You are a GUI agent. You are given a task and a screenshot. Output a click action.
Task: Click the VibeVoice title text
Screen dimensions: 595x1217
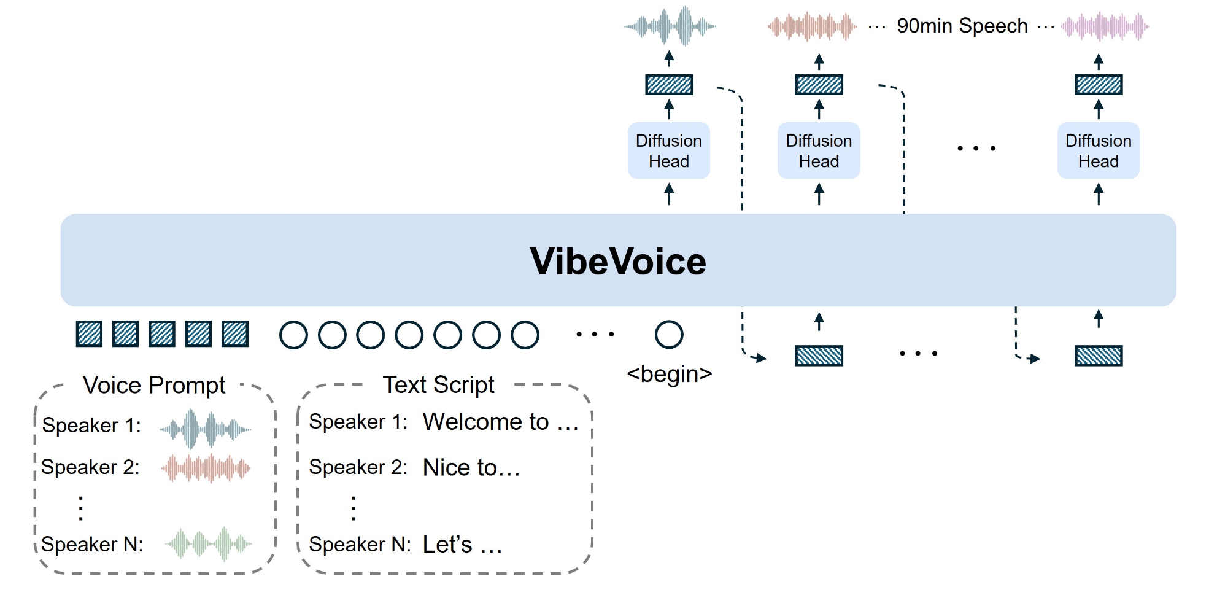tap(618, 262)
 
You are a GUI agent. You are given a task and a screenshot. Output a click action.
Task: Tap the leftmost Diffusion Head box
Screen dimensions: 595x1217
tap(669, 151)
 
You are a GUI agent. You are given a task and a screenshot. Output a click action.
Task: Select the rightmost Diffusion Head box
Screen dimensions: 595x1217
tap(1098, 151)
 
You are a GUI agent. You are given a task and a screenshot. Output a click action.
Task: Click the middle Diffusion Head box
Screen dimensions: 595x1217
tap(819, 151)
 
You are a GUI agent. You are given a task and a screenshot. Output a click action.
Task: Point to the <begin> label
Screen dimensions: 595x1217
tap(669, 373)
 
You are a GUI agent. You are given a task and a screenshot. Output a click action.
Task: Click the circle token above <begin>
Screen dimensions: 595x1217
tap(669, 335)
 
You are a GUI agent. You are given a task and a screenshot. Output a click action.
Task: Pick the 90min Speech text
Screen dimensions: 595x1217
tap(962, 26)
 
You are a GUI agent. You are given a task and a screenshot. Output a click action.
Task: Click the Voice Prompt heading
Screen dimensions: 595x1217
tap(154, 386)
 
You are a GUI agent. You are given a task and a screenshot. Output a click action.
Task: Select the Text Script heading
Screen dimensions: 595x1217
tap(438, 385)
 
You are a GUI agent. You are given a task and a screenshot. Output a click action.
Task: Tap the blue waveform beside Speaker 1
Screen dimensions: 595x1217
tap(205, 429)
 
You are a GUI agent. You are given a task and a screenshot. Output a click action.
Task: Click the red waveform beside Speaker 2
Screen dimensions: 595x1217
tap(206, 469)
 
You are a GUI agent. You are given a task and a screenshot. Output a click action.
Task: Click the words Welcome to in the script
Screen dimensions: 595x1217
tap(485, 422)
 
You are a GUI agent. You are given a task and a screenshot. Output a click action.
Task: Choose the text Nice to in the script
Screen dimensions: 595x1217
tap(460, 468)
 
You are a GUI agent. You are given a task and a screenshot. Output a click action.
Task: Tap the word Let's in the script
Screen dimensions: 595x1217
tap(447, 545)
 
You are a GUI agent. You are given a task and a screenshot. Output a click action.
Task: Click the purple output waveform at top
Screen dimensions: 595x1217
tap(1105, 26)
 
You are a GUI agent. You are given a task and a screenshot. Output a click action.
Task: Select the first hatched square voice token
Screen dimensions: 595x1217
tap(89, 334)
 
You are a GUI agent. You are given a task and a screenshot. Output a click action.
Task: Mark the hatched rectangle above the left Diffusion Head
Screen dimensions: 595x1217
tap(669, 85)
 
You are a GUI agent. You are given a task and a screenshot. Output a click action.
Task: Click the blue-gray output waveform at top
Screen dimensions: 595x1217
tap(670, 26)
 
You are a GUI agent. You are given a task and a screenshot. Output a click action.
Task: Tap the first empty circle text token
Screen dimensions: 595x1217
tap(293, 335)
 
